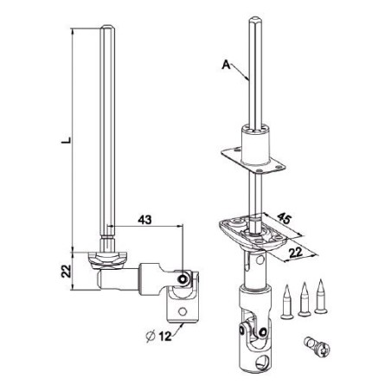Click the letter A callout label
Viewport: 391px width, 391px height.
pyautogui.click(x=226, y=64)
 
